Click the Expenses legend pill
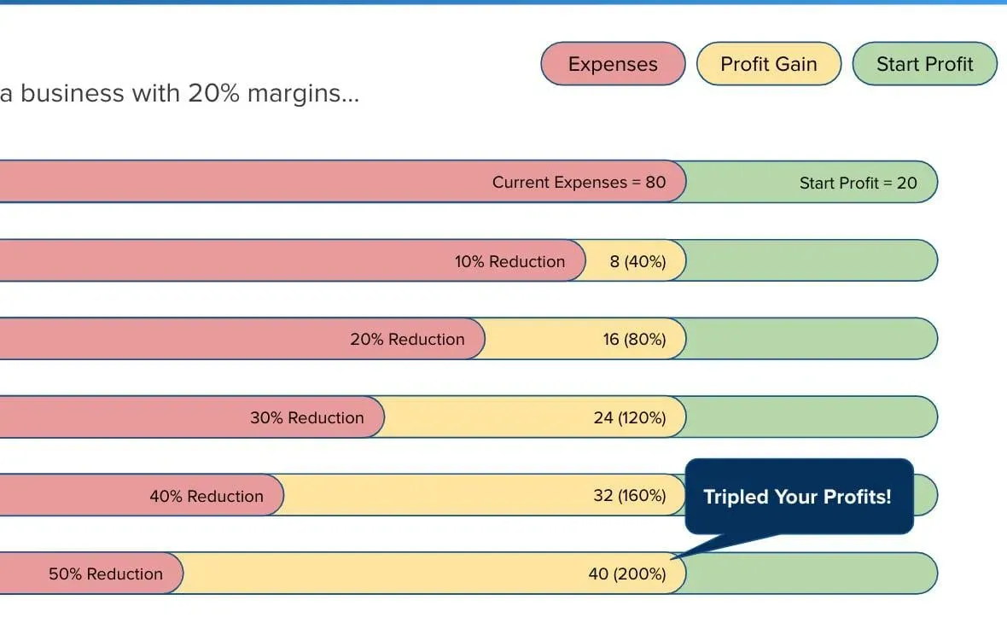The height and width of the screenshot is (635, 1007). click(x=613, y=64)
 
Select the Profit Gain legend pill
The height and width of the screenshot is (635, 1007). click(x=768, y=64)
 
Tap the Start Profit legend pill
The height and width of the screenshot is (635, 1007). click(x=924, y=64)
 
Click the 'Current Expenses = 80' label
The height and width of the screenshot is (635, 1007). click(x=579, y=182)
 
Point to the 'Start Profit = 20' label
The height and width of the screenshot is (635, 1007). click(x=858, y=183)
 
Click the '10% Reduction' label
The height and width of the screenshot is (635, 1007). click(x=509, y=261)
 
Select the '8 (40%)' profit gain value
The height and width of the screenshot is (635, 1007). click(x=637, y=261)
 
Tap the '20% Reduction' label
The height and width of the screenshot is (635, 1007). click(x=407, y=339)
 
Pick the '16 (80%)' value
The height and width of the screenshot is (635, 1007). click(x=634, y=339)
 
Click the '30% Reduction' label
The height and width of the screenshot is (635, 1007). click(x=306, y=417)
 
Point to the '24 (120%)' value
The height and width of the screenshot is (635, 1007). click(x=629, y=417)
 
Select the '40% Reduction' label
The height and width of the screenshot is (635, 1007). click(x=207, y=496)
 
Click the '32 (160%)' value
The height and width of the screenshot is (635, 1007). click(x=629, y=495)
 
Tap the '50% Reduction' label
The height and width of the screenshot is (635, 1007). click(x=105, y=574)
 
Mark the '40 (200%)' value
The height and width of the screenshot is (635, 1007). click(x=626, y=574)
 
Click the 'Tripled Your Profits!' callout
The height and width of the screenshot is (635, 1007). click(x=797, y=497)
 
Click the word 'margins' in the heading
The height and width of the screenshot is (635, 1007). click(x=303, y=93)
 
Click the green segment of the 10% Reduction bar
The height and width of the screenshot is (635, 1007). click(x=811, y=260)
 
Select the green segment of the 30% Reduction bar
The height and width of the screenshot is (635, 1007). click(x=811, y=417)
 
